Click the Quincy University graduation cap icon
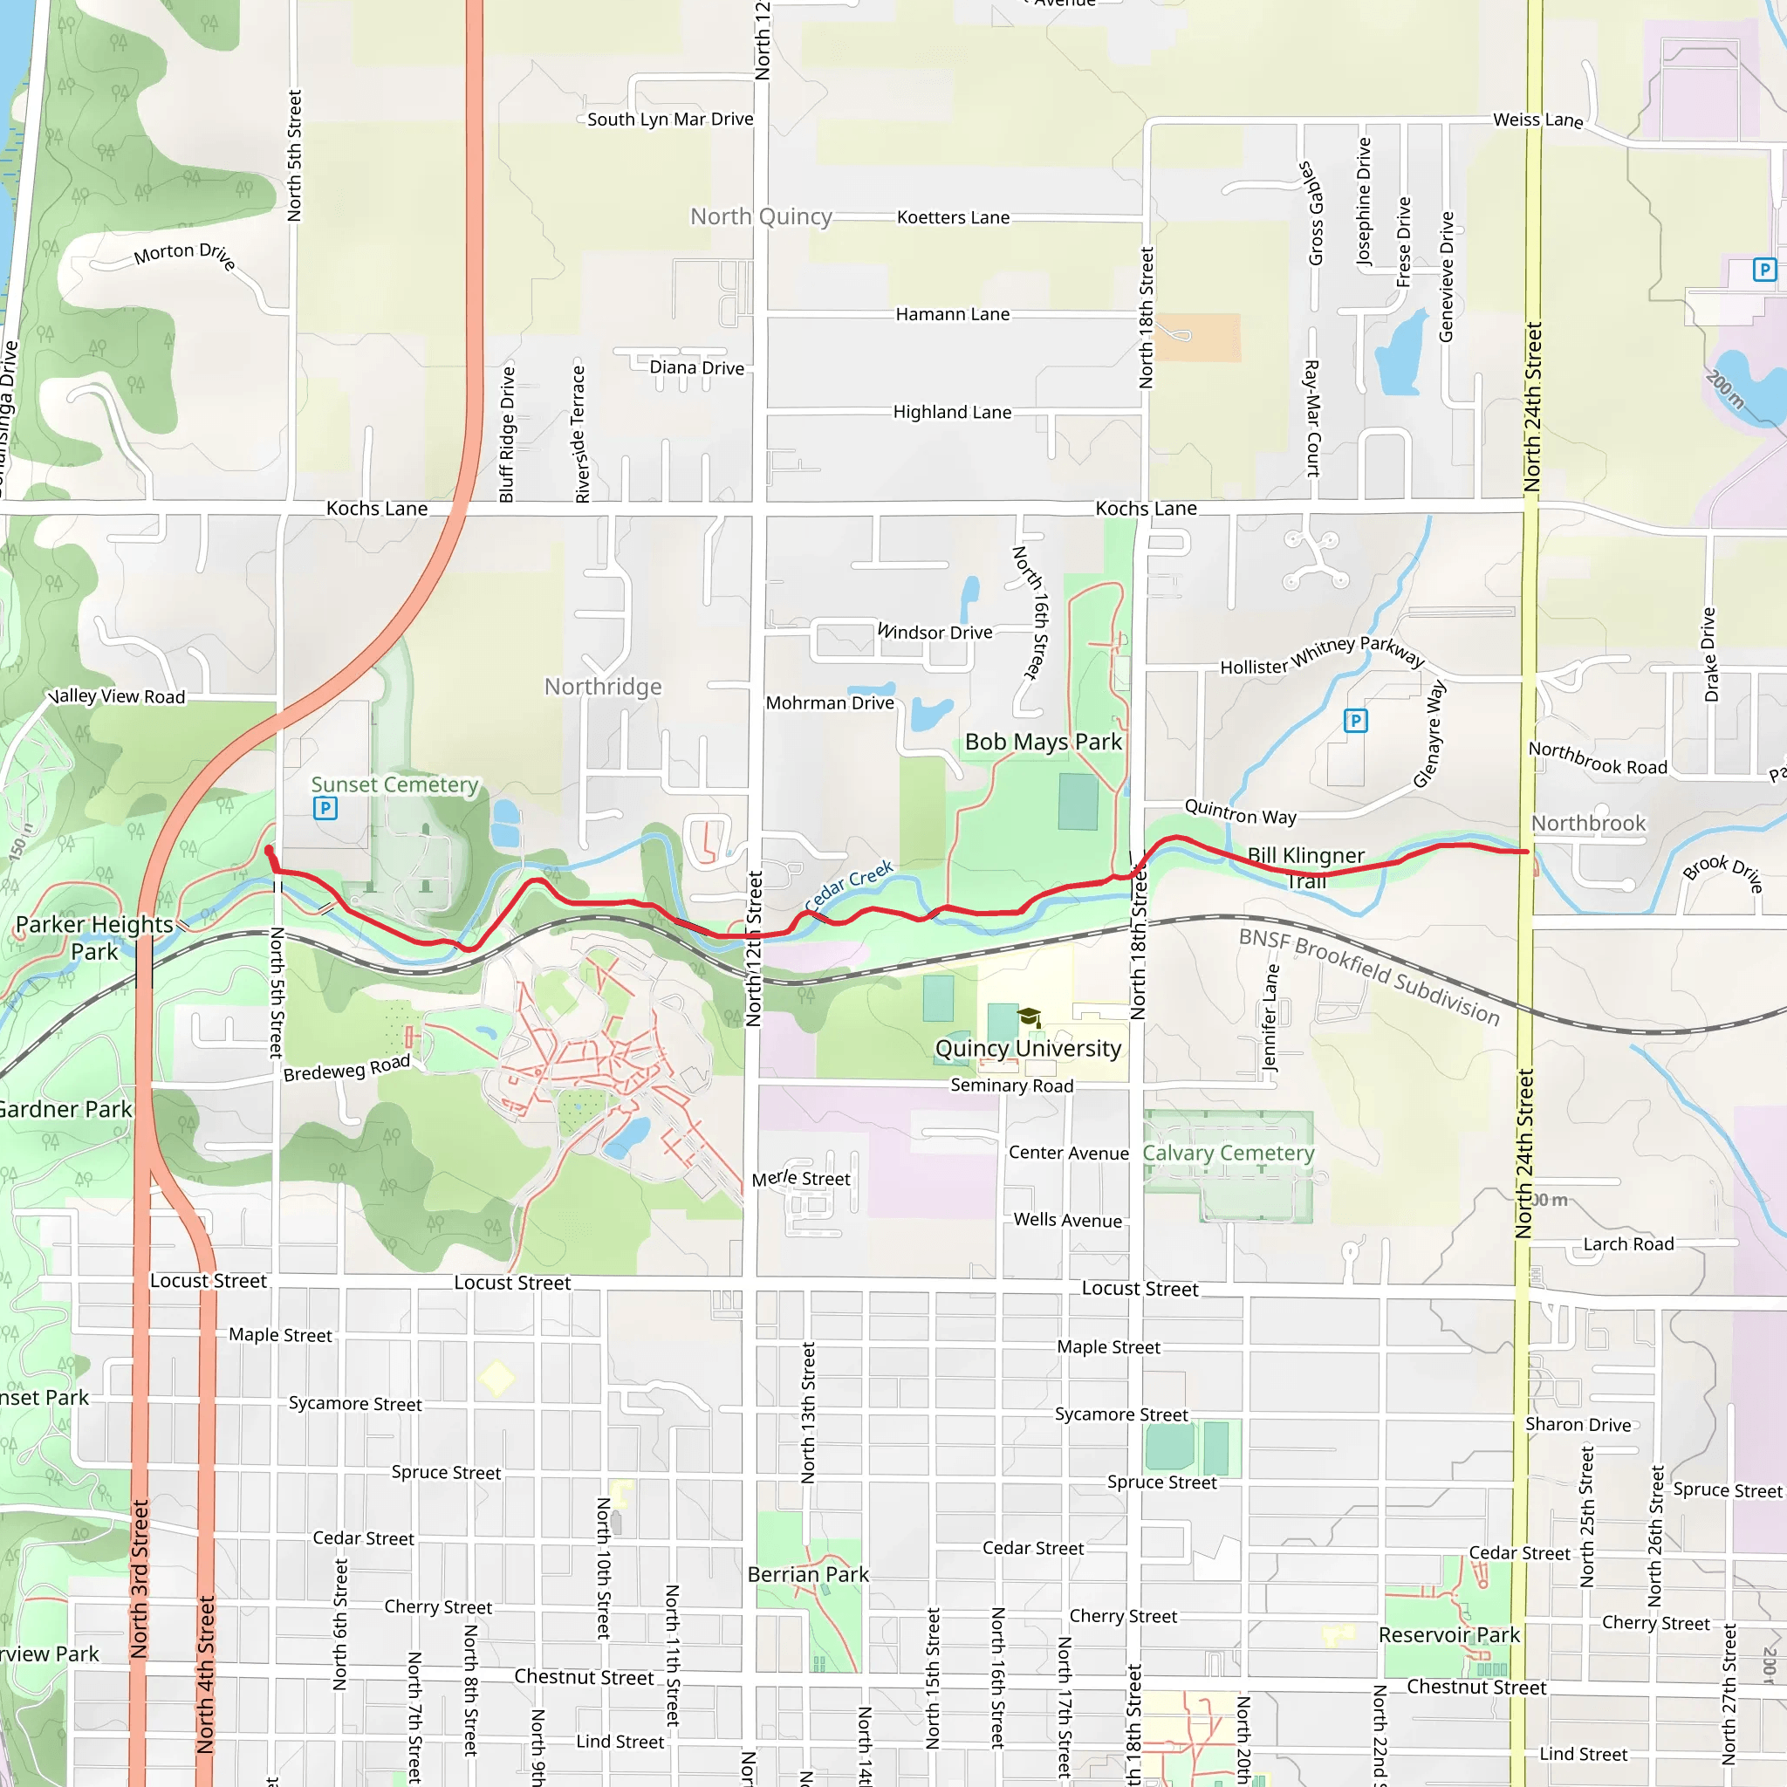coord(1029,1017)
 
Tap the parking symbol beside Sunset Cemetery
coord(325,808)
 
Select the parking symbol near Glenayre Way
coord(1355,721)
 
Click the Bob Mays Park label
coord(1043,742)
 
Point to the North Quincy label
coord(760,216)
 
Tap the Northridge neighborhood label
coord(603,687)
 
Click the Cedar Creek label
coord(848,885)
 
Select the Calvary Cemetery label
coord(1228,1153)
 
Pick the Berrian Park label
coord(807,1573)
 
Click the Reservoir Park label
coord(1448,1634)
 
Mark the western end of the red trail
coord(269,849)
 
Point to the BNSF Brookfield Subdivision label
coord(1368,976)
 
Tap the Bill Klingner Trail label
coord(1305,866)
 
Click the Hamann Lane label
coord(952,314)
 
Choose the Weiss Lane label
coord(1537,120)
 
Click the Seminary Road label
coord(1011,1085)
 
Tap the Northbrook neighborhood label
coord(1587,822)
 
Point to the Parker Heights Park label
coord(94,937)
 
